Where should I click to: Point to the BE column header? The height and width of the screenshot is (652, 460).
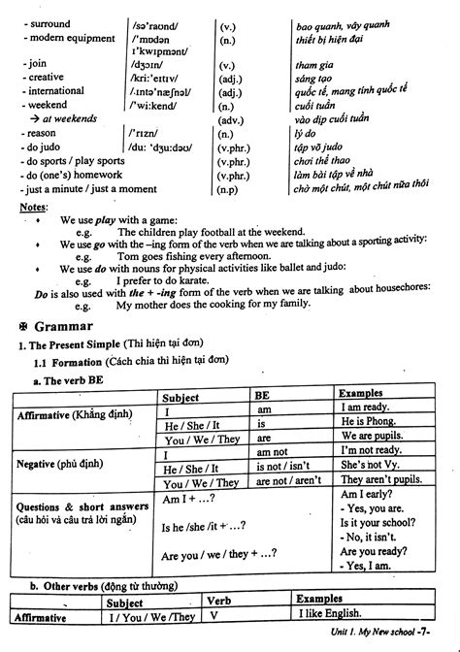(263, 396)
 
